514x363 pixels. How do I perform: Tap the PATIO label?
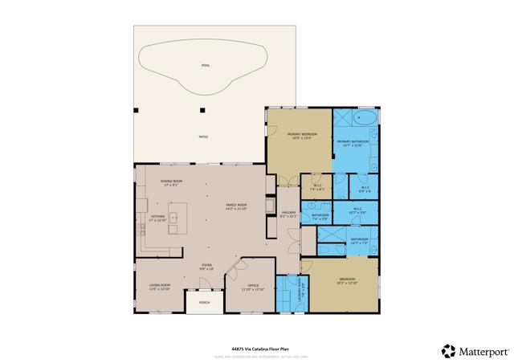coord(203,137)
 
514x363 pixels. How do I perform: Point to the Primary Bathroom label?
coord(358,143)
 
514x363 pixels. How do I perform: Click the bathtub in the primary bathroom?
coord(363,119)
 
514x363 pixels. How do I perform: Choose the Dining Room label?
coord(172,182)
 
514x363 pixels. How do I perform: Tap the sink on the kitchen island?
coord(172,216)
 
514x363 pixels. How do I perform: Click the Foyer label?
coord(206,267)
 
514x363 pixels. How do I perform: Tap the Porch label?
coord(204,303)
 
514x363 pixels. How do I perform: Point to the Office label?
coord(253,287)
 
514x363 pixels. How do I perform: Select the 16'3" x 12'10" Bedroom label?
coord(345,281)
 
